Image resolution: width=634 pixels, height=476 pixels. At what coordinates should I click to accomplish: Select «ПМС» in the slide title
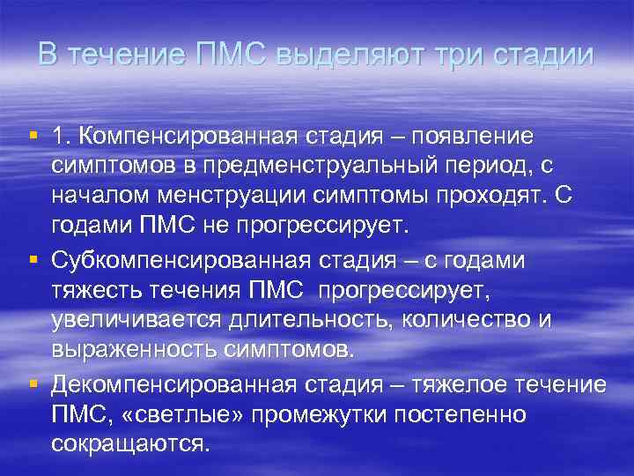[x=233, y=55]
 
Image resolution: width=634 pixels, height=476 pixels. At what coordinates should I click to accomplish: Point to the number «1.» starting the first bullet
[x=63, y=138]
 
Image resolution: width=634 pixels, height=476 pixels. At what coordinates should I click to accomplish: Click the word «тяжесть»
[x=88, y=291]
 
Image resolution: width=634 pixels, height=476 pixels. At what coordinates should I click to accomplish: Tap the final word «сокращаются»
[x=130, y=443]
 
